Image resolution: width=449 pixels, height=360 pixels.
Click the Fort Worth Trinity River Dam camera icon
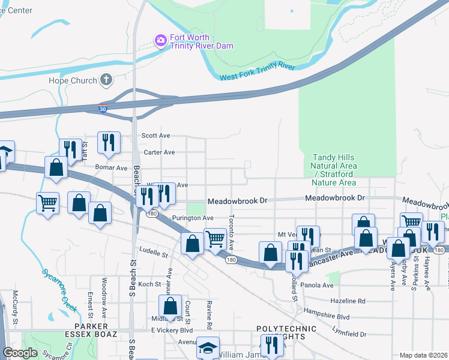coord(160,41)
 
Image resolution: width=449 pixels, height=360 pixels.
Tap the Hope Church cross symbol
coord(106,80)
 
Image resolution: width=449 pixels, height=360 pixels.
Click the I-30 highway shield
coord(104,109)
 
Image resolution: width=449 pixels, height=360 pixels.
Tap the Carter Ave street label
coord(158,152)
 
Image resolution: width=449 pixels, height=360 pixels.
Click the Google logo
coord(20,353)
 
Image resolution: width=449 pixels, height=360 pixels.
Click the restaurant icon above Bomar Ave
coord(109,142)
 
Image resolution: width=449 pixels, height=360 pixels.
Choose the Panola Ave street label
coord(318,285)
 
